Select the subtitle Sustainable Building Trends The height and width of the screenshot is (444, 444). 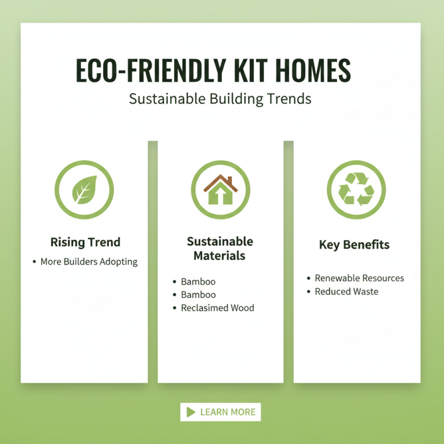pos(220,99)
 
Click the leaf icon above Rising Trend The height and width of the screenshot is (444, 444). pos(84,190)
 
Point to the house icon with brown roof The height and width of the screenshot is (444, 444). pos(220,190)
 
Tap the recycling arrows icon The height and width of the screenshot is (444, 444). pos(356,190)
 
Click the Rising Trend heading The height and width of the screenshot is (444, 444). pos(85,242)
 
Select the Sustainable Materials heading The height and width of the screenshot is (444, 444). pos(220,249)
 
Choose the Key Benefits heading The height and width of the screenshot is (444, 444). pos(354,245)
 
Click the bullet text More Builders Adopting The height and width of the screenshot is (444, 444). pos(89,261)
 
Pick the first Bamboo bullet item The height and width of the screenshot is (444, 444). pos(198,282)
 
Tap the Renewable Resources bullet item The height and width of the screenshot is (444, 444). pos(359,278)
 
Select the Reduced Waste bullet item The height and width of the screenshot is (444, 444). pos(346,291)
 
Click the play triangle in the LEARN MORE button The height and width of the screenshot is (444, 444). pos(191,412)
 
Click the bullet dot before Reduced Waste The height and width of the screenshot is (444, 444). pos(309,291)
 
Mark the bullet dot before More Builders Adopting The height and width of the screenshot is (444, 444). pos(34,261)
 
